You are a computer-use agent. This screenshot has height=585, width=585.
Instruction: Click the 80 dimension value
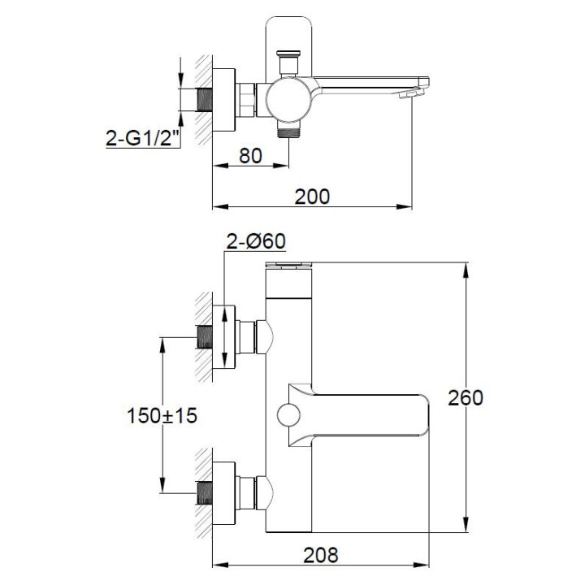click(251, 154)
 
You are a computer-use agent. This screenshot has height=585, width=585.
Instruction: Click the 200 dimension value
click(312, 196)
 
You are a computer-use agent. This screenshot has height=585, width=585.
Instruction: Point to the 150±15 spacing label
click(162, 415)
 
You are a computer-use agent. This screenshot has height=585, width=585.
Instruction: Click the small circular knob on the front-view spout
click(286, 415)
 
